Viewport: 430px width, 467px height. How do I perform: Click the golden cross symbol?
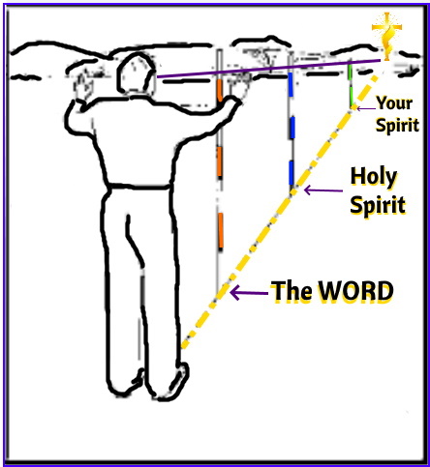point(386,36)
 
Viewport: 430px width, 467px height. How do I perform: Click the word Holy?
point(374,177)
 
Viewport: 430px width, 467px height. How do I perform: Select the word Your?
point(394,103)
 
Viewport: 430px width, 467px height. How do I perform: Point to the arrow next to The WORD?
point(249,293)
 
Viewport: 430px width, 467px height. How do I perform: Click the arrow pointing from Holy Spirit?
point(323,190)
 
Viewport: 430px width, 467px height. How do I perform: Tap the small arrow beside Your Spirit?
point(366,108)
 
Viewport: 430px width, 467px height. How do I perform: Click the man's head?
point(136,73)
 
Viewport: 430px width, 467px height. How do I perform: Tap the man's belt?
point(139,187)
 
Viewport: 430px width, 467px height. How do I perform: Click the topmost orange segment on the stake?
point(220,91)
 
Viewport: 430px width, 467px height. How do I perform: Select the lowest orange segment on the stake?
point(221,230)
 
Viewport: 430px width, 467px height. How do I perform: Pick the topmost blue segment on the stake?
point(291,84)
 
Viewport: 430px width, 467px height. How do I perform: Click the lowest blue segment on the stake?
point(292,173)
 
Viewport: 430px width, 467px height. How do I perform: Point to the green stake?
point(350,84)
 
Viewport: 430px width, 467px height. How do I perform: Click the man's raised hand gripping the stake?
point(231,103)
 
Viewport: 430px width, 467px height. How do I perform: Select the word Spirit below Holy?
point(378,204)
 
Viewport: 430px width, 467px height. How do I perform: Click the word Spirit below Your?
point(397,125)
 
